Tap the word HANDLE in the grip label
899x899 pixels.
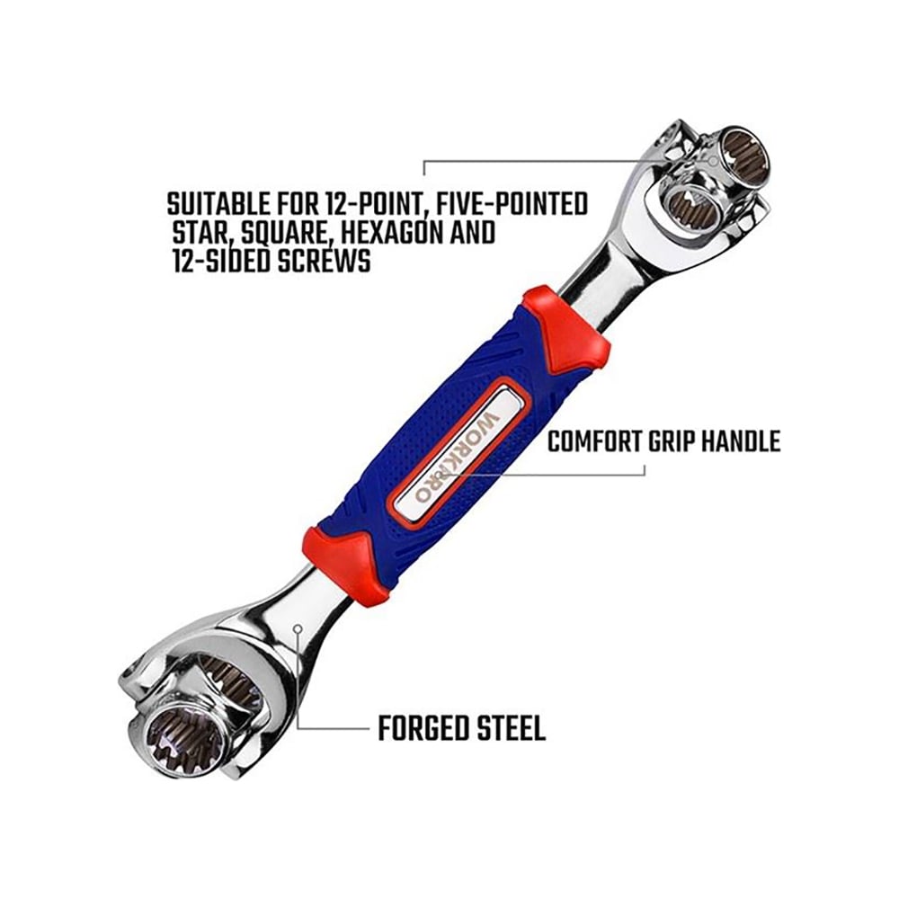click(742, 441)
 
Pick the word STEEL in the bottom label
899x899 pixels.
click(510, 729)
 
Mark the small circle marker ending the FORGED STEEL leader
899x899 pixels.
click(298, 628)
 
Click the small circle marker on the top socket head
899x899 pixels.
click(713, 161)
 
